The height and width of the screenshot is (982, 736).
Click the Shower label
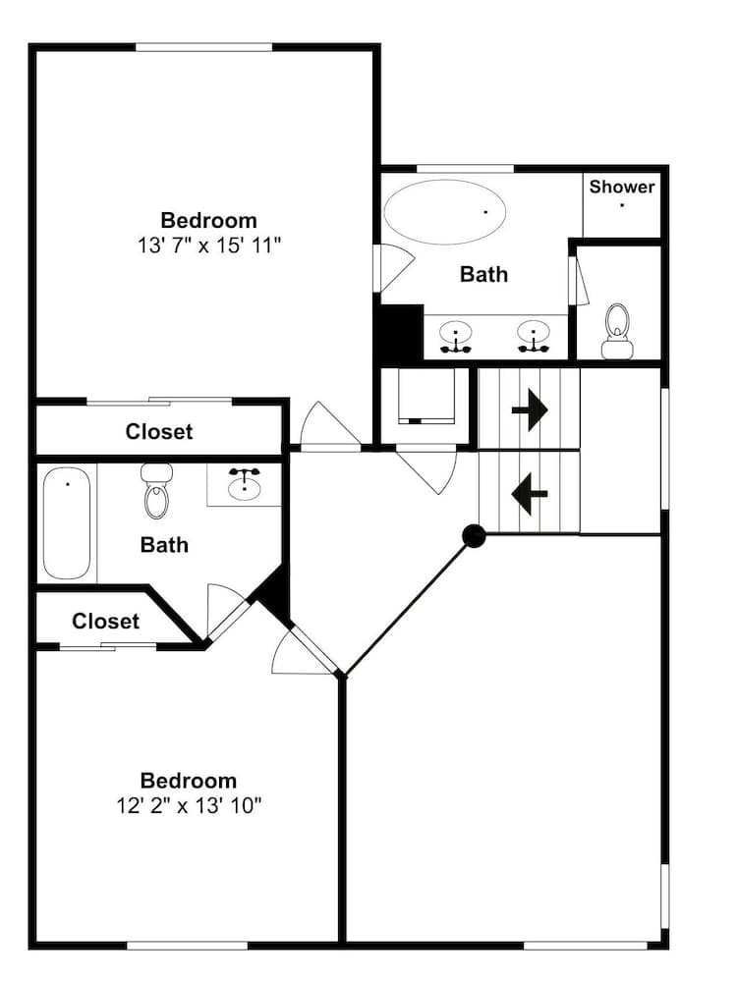[x=621, y=187]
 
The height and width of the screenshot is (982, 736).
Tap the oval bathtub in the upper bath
[x=444, y=212]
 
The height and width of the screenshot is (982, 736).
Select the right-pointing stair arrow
[x=530, y=410]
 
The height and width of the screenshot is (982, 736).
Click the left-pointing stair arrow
[x=530, y=494]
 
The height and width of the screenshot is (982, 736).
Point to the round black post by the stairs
[x=474, y=536]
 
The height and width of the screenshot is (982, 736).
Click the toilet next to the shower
[x=617, y=331]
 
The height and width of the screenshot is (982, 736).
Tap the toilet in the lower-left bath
[x=156, y=491]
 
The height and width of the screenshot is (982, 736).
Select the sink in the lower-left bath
[x=245, y=484]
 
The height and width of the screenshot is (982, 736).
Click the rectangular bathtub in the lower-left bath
[x=67, y=523]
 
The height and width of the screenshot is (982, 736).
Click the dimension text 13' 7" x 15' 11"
[x=208, y=245]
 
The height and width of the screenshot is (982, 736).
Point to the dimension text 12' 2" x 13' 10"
[x=188, y=805]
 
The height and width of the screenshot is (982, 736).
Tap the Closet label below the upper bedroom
[x=159, y=431]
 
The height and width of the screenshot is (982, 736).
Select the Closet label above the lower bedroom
[x=105, y=622]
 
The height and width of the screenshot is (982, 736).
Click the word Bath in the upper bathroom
[x=484, y=274]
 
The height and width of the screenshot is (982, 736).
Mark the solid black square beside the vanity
[x=399, y=332]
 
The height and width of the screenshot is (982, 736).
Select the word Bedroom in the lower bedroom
[x=188, y=781]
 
